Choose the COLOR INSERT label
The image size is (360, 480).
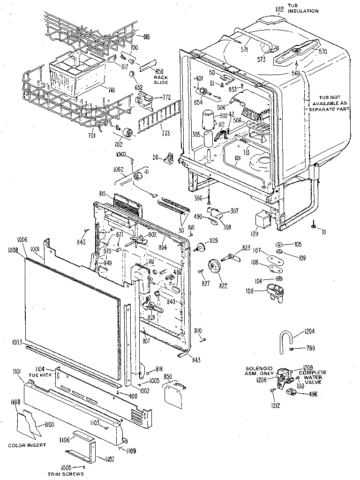coord(27,444)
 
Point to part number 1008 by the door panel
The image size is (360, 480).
coord(13,251)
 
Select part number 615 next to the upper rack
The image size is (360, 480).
coord(146,37)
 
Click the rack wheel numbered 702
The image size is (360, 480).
coord(128,132)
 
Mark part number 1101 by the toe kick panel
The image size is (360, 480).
coord(17,372)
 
